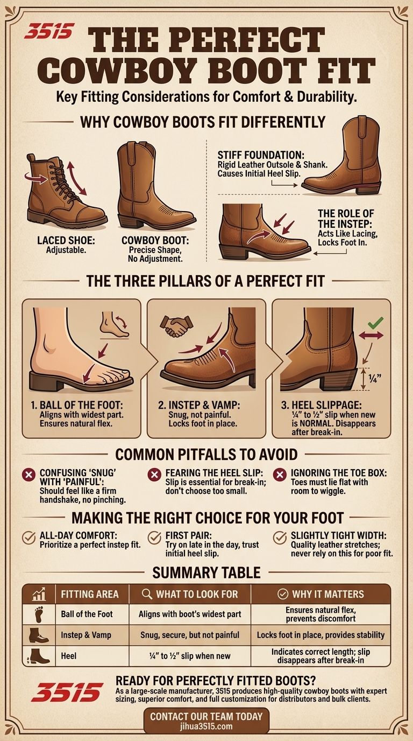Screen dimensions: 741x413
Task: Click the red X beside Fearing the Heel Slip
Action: pyautogui.click(x=154, y=474)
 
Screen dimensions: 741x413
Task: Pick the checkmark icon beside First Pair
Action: pyautogui.click(x=154, y=537)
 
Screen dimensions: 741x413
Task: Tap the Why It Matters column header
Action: pyautogui.click(x=321, y=595)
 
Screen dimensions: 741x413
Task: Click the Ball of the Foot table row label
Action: pyautogui.click(x=87, y=614)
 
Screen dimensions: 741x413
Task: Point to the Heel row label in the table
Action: pyautogui.click(x=69, y=655)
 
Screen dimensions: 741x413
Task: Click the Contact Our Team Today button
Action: pyautogui.click(x=206, y=721)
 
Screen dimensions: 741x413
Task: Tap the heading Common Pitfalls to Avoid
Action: pyautogui.click(x=206, y=454)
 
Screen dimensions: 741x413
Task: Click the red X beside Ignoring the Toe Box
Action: pyautogui.click(x=280, y=474)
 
